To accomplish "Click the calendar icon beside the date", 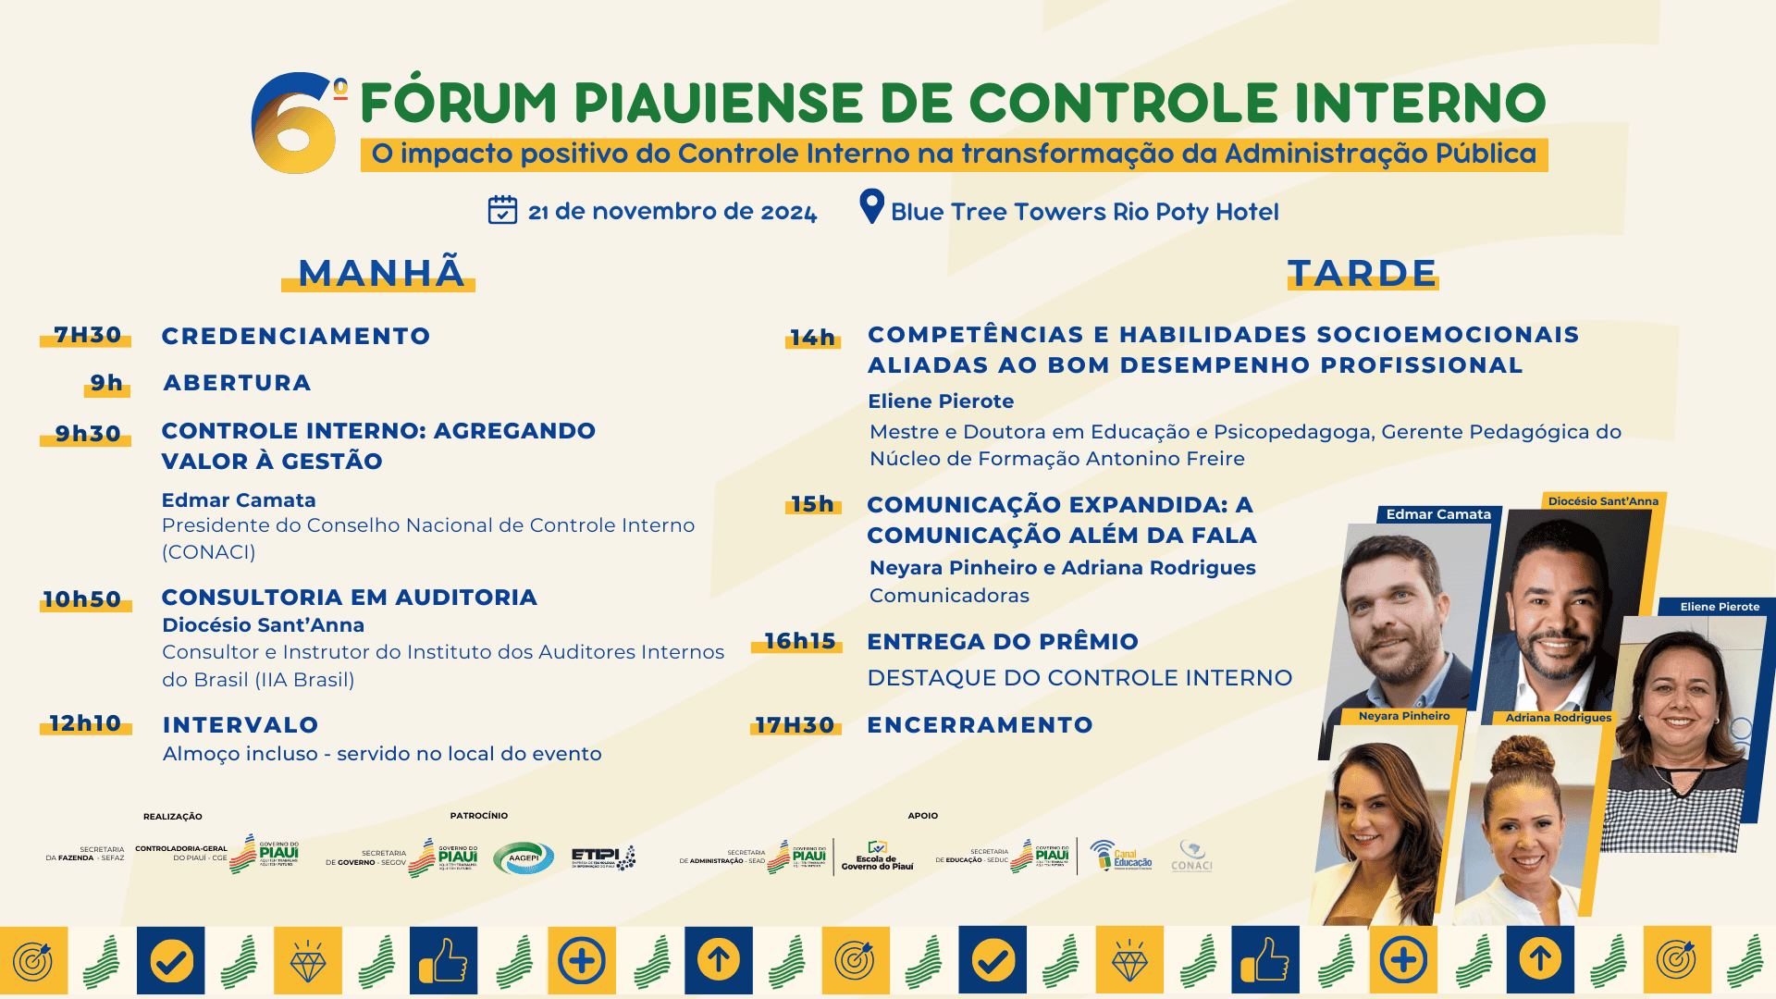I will (x=502, y=210).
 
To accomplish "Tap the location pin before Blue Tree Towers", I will (x=871, y=205).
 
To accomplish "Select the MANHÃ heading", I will (x=380, y=273).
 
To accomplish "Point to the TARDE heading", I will (x=1363, y=273).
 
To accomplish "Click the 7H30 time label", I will (x=87, y=335).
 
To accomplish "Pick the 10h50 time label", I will (x=82, y=599).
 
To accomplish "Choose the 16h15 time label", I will (x=799, y=641).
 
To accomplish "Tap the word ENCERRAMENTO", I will (x=980, y=725).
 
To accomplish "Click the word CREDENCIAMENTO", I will (x=296, y=336).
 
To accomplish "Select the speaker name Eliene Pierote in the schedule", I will (x=941, y=401).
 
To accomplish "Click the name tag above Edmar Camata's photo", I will (x=1438, y=514).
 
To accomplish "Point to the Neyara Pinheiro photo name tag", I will (x=1404, y=716).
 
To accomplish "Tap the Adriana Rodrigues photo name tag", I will (x=1558, y=718).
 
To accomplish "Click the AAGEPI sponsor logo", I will (x=524, y=857).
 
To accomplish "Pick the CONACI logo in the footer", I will (x=1191, y=857).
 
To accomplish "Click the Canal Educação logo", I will (x=1121, y=856).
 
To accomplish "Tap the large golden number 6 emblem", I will (x=294, y=125).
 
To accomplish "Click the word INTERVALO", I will (x=240, y=725).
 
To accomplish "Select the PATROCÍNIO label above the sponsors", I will (x=479, y=816).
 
